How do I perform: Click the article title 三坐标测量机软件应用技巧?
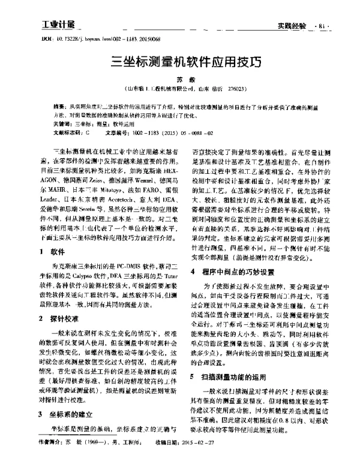pos(180,61)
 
